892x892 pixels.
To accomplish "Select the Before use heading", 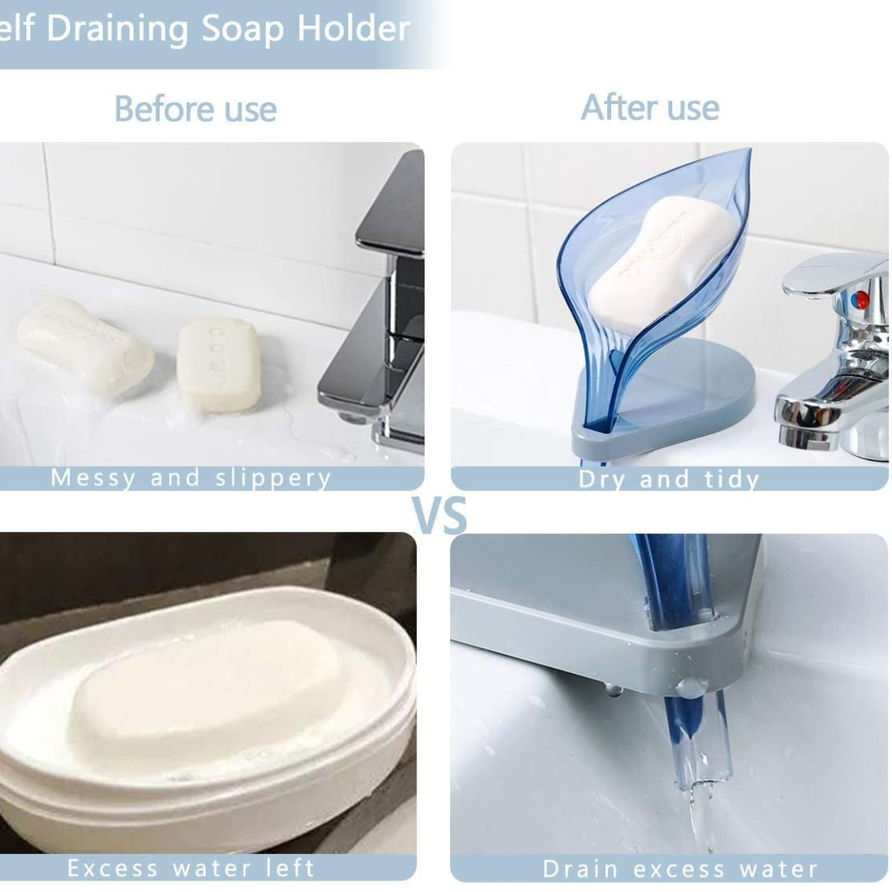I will [x=195, y=109].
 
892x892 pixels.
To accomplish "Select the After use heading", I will [x=650, y=107].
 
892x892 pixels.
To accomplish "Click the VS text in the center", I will [x=439, y=515].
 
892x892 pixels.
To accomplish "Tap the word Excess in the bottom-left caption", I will [x=111, y=868].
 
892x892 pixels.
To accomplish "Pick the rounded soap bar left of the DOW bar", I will [x=85, y=346].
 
